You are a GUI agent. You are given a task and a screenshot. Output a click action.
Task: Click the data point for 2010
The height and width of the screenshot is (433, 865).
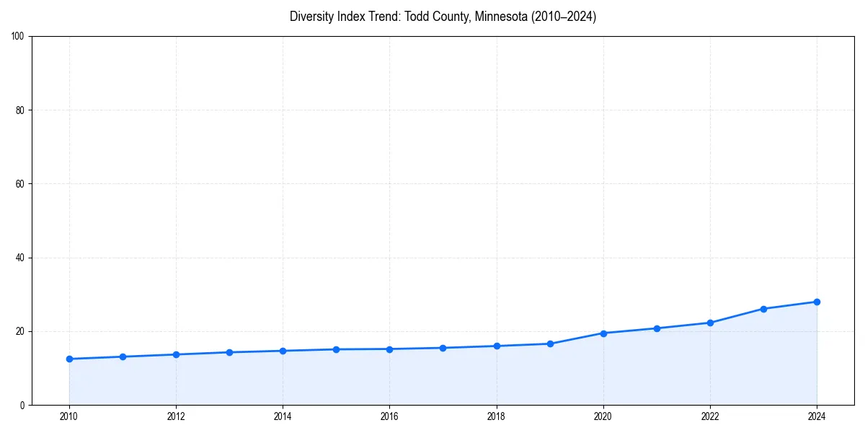[69, 359]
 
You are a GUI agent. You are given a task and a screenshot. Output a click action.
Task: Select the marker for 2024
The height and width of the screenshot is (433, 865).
[817, 302]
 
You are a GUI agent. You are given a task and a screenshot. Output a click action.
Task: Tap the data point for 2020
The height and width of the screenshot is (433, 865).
[603, 333]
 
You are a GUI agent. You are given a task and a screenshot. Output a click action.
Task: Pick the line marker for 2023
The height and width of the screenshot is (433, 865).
[763, 309]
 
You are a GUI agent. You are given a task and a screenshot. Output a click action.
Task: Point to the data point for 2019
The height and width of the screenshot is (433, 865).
[550, 344]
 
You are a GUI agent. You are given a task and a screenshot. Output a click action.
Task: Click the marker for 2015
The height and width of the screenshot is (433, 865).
[336, 349]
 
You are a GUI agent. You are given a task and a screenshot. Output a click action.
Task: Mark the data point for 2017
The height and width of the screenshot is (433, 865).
[443, 348]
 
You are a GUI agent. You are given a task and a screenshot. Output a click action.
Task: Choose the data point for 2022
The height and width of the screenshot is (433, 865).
[710, 323]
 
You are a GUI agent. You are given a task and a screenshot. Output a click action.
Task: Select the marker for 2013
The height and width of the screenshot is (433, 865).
[229, 352]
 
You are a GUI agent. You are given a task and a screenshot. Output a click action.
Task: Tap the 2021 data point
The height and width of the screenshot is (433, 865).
[657, 328]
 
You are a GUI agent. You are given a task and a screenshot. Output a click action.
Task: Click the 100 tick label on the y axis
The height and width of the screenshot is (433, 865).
[18, 37]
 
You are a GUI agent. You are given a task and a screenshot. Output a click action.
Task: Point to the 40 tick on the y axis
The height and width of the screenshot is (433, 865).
[20, 258]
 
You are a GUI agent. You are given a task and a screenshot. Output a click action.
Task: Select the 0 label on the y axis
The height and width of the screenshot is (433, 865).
[22, 405]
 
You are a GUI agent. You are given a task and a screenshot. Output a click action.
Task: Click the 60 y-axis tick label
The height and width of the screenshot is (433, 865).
[20, 184]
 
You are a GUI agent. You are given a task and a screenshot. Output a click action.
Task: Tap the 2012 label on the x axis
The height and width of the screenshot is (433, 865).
[176, 416]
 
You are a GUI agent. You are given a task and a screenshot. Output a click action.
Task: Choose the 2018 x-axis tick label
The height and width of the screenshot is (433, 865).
[497, 416]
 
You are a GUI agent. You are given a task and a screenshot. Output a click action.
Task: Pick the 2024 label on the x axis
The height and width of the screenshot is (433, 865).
[817, 416]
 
